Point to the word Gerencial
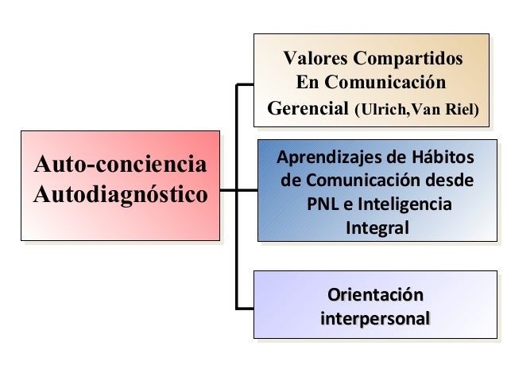(308, 107)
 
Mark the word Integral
(378, 228)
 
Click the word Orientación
(375, 295)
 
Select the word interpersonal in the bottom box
(375, 319)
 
